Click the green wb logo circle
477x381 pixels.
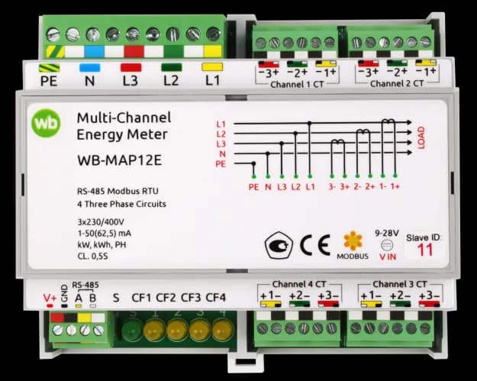pos(46,123)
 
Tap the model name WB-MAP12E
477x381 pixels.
pos(119,160)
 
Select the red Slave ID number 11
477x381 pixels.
pos(424,250)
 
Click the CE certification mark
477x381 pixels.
pos(315,245)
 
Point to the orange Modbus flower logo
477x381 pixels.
pos(353,241)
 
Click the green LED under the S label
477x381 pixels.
pos(132,331)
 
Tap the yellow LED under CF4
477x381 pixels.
pos(222,331)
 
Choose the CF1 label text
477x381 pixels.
pos(141,297)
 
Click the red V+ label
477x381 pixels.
pos(50,298)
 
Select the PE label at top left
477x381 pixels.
pos(49,81)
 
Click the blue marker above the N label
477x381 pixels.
pos(90,67)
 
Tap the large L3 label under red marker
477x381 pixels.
pos(131,81)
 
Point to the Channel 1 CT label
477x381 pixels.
pos(297,84)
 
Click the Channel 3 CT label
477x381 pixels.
pos(400,284)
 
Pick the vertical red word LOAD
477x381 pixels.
pos(421,137)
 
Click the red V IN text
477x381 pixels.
pos(388,257)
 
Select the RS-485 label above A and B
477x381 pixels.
pos(85,285)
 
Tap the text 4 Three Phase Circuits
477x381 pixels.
pos(121,204)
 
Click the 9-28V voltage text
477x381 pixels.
pos(387,234)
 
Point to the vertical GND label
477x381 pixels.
pos(64,293)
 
